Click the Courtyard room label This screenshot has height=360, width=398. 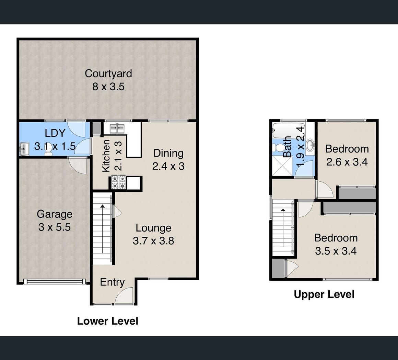[x=108, y=74]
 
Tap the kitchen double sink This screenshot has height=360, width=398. [x=117, y=128]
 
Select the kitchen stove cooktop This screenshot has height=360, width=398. [x=119, y=182]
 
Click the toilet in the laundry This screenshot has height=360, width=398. [x=48, y=150]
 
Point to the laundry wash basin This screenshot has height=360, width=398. [x=24, y=149]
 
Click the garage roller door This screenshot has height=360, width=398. [x=55, y=281]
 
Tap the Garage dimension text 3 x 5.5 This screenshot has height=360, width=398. [x=55, y=227]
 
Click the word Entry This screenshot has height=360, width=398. [x=112, y=282]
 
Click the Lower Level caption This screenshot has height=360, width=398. [x=108, y=321]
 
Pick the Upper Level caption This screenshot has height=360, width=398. [x=324, y=294]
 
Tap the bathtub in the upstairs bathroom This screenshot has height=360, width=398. [x=289, y=131]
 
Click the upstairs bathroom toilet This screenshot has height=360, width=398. [x=278, y=148]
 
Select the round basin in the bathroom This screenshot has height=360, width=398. [x=310, y=145]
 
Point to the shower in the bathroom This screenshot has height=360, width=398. [x=282, y=165]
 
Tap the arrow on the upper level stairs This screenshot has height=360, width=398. [x=283, y=228]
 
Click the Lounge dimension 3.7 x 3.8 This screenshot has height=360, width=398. [x=153, y=241]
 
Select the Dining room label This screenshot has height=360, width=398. [x=168, y=153]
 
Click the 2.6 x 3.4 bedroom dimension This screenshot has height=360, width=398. [x=347, y=162]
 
